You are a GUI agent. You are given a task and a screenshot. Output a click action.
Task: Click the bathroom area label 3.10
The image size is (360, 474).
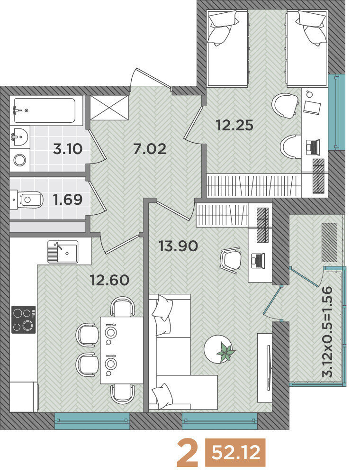click(68, 149)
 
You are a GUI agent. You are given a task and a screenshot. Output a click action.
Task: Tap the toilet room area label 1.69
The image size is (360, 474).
click(68, 200)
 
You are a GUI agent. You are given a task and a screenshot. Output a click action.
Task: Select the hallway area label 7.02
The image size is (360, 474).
click(150, 149)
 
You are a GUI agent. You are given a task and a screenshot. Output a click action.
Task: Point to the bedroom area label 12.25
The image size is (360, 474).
click(235, 125)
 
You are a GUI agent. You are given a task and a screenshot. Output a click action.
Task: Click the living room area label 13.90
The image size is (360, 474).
click(179, 246)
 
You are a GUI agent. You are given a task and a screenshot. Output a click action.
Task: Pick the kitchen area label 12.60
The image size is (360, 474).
click(110, 280)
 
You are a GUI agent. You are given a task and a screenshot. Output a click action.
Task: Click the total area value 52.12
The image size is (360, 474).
click(236, 453)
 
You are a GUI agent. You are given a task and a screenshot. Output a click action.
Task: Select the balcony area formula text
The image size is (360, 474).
click(328, 331)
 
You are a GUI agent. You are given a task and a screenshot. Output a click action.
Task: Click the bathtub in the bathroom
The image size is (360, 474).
click(45, 110)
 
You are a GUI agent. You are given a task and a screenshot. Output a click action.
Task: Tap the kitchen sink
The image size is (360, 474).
click(63, 252)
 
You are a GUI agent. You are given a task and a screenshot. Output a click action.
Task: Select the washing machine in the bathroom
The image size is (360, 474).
click(20, 160)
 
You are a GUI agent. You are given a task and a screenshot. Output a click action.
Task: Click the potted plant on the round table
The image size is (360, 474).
click(226, 351)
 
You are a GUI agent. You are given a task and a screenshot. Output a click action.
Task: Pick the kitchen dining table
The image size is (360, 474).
click(121, 350)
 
